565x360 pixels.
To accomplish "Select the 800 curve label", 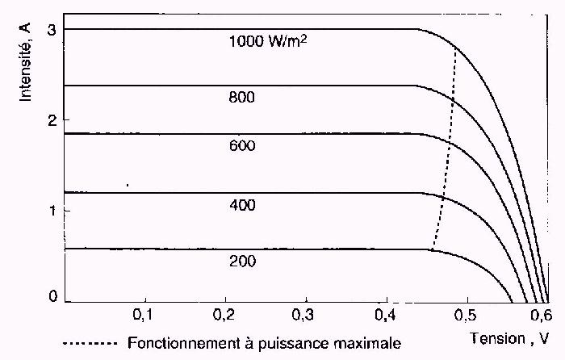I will click(241, 98).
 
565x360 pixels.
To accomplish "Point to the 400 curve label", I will click(241, 205).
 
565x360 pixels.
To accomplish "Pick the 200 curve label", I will click(241, 262).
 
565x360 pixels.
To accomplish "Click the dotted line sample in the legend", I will click(91, 343).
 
